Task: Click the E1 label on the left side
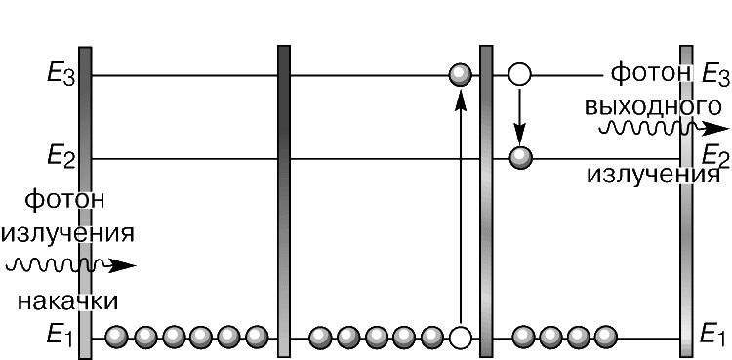tap(60, 337)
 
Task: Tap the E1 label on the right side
tap(713, 336)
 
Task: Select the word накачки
tap(67, 301)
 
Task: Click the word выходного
tap(653, 107)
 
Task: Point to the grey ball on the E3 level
tap(461, 75)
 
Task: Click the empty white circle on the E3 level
tap(519, 74)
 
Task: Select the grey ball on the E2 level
tap(520, 158)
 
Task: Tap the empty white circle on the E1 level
tap(461, 337)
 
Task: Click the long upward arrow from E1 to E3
tap(461, 206)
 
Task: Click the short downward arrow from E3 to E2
tap(519, 116)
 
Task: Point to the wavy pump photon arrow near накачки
tap(70, 265)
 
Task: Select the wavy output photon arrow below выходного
tap(664, 128)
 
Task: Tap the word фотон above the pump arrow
tap(64, 201)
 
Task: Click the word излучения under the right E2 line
tap(653, 176)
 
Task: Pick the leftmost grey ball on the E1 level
tap(116, 337)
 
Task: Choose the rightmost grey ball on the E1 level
tap(605, 337)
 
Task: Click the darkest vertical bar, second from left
tap(284, 201)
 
